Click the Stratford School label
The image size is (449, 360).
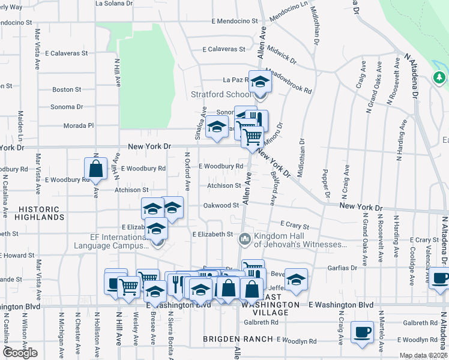221,94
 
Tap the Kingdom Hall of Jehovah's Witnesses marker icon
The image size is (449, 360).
244,239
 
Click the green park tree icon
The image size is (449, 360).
439,77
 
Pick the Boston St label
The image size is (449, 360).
67,89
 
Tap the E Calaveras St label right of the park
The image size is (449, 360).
224,49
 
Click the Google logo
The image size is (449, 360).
20,353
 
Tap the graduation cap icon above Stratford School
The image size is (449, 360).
260,81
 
